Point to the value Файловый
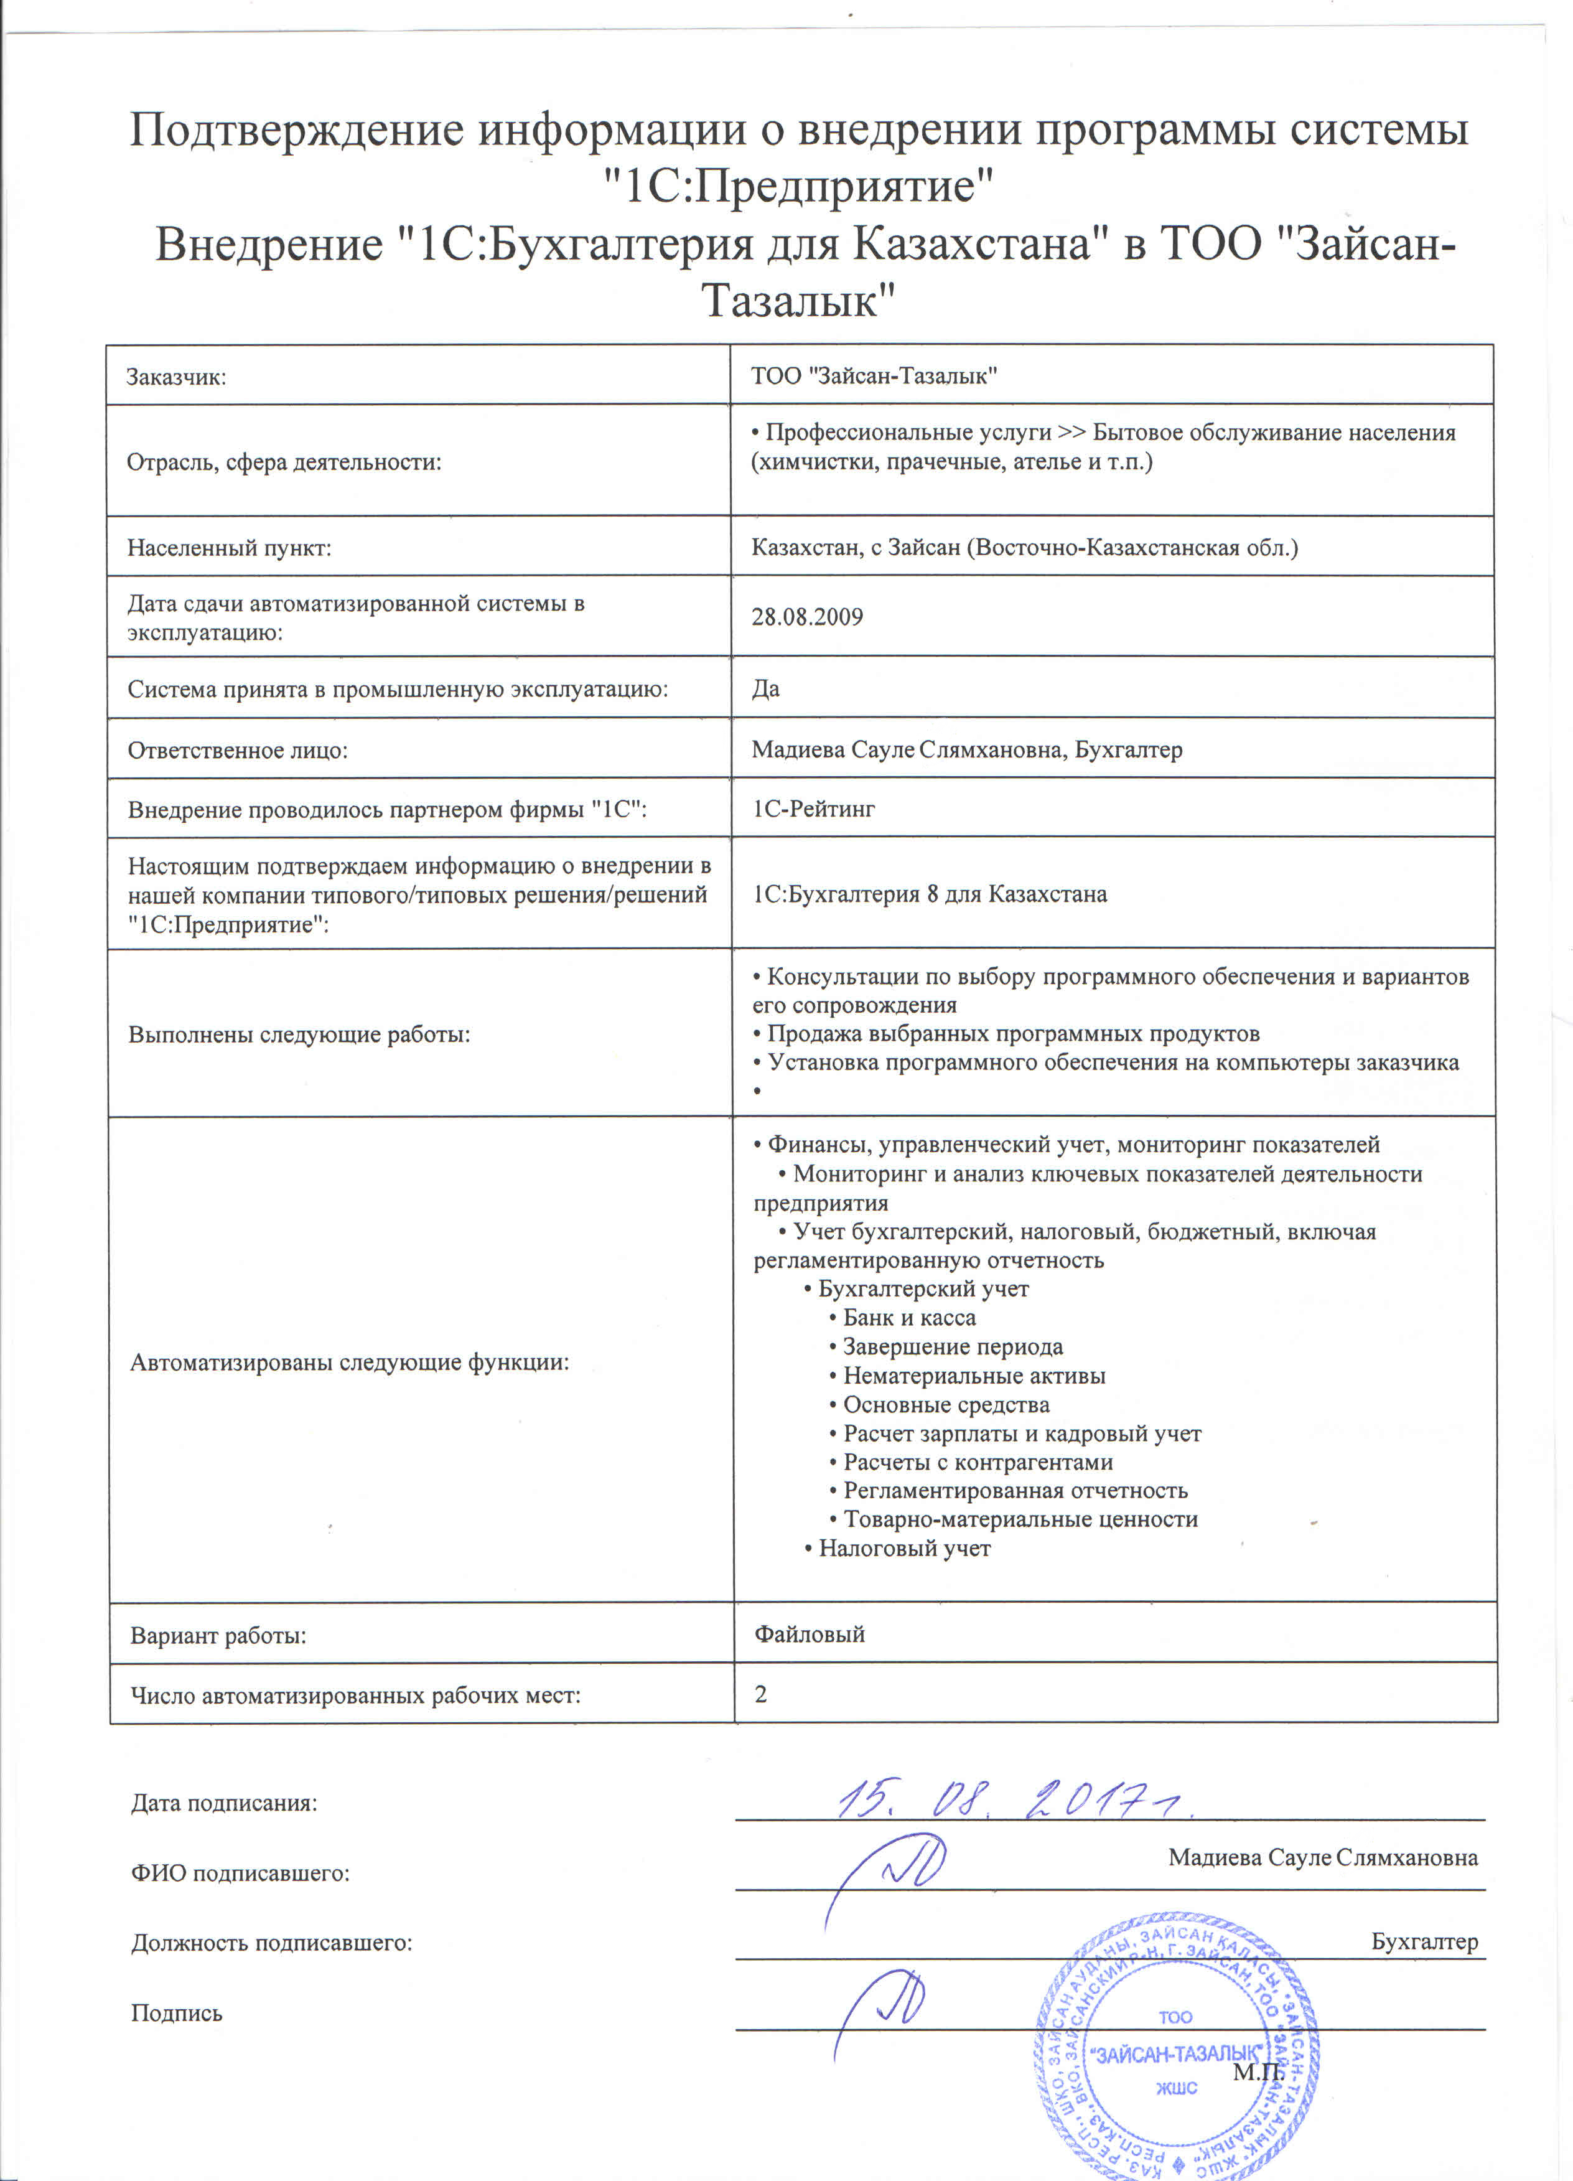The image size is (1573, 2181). coord(810,1634)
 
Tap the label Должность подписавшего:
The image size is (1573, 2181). coord(271,1943)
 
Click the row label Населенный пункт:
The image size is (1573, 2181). coord(229,548)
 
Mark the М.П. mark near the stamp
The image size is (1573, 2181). coord(1258,2071)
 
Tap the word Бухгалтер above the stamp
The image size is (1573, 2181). coord(1424,1941)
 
